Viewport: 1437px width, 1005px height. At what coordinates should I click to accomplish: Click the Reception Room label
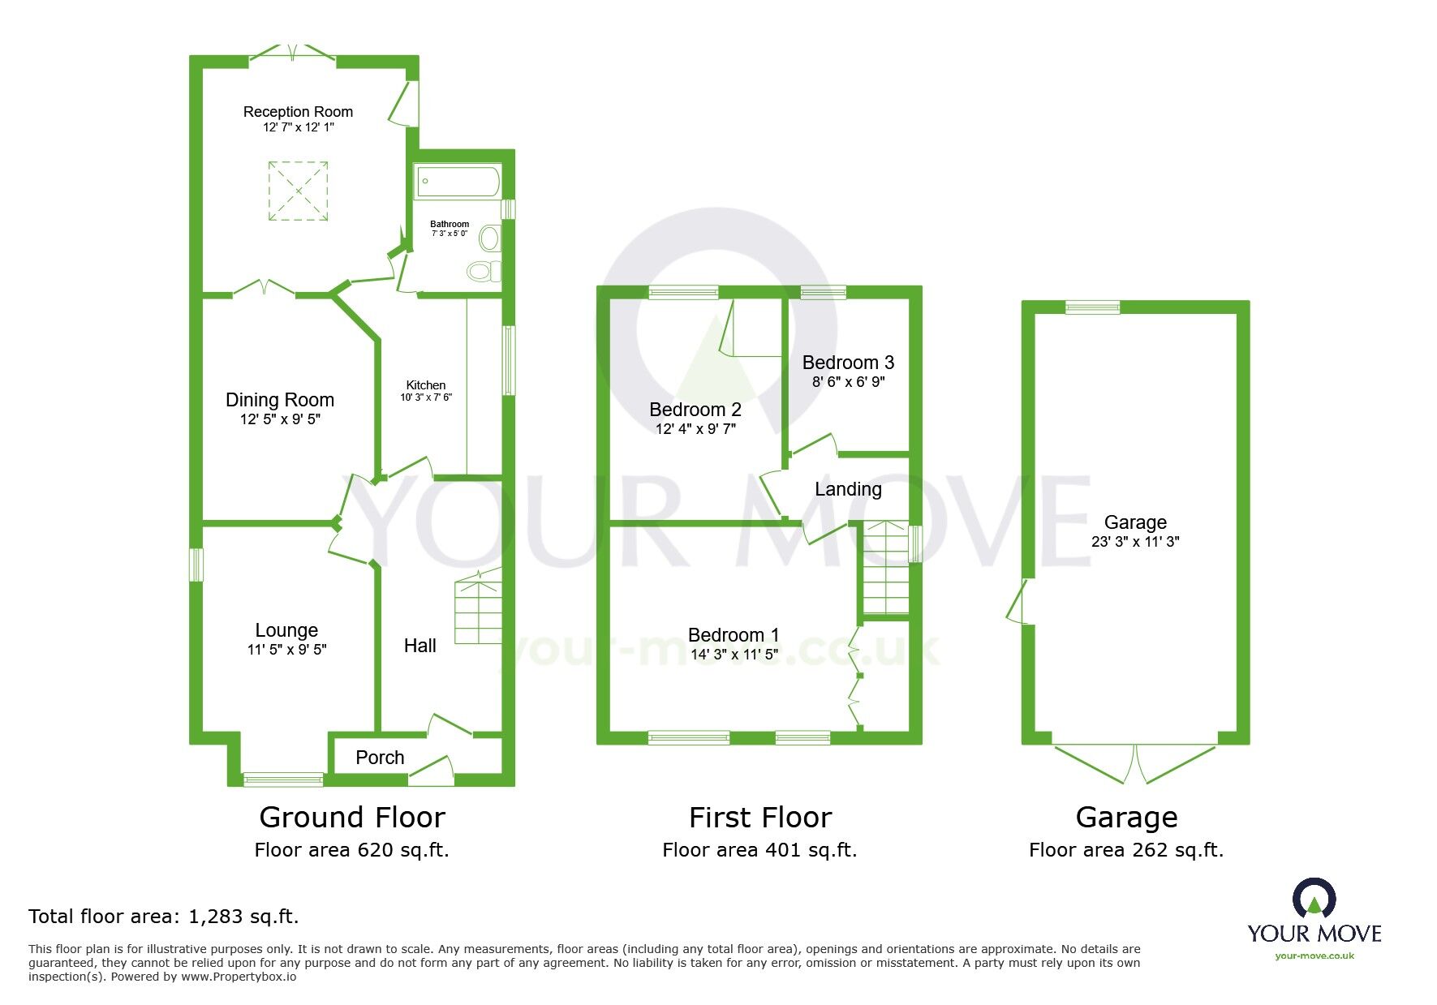click(x=298, y=112)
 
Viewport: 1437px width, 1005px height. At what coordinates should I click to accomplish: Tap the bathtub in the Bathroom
click(x=458, y=182)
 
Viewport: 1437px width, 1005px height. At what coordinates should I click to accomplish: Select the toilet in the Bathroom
click(x=484, y=270)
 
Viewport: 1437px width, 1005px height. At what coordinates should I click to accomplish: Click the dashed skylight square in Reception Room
click(x=298, y=191)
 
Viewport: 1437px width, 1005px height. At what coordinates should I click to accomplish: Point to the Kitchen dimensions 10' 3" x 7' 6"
click(x=425, y=397)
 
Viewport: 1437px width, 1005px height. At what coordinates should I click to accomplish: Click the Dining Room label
click(x=279, y=400)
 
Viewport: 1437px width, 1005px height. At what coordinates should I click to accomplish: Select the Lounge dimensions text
click(x=286, y=649)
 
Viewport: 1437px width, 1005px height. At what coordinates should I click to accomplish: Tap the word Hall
click(x=419, y=646)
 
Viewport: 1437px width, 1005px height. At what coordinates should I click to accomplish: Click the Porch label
click(x=380, y=758)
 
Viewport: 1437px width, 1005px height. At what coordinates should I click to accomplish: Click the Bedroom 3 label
click(x=848, y=363)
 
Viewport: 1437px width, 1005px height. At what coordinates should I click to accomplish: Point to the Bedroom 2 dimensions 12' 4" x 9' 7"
click(x=695, y=429)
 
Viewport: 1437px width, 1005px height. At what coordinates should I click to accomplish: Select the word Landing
click(x=848, y=489)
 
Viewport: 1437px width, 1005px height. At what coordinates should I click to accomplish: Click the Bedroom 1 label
click(x=734, y=635)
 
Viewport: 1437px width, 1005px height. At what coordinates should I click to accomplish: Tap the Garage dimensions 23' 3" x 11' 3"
click(x=1135, y=542)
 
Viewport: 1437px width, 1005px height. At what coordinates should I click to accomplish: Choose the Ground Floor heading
click(x=352, y=817)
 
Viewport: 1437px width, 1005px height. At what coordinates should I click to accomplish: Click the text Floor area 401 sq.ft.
click(x=759, y=850)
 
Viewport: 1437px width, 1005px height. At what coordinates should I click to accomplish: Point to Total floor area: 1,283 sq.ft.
click(x=164, y=917)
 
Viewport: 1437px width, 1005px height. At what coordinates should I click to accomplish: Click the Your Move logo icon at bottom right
click(x=1314, y=899)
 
